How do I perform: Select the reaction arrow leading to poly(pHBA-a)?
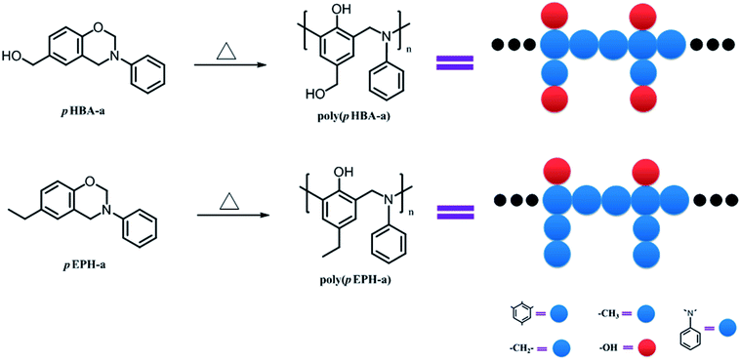(x=232, y=66)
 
